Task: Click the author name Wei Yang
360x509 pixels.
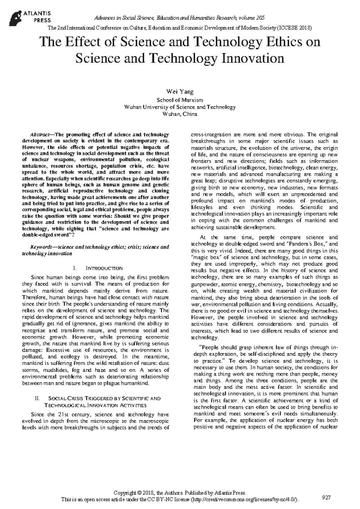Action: [x=180, y=92]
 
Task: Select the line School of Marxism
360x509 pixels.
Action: [x=180, y=100]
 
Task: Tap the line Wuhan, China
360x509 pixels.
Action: [x=180, y=114]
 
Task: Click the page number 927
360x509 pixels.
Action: [x=326, y=498]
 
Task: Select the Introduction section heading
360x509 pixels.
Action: [x=100, y=268]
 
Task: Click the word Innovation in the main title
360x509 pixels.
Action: [x=253, y=58]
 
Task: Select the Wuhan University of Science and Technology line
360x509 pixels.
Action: [x=180, y=107]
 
